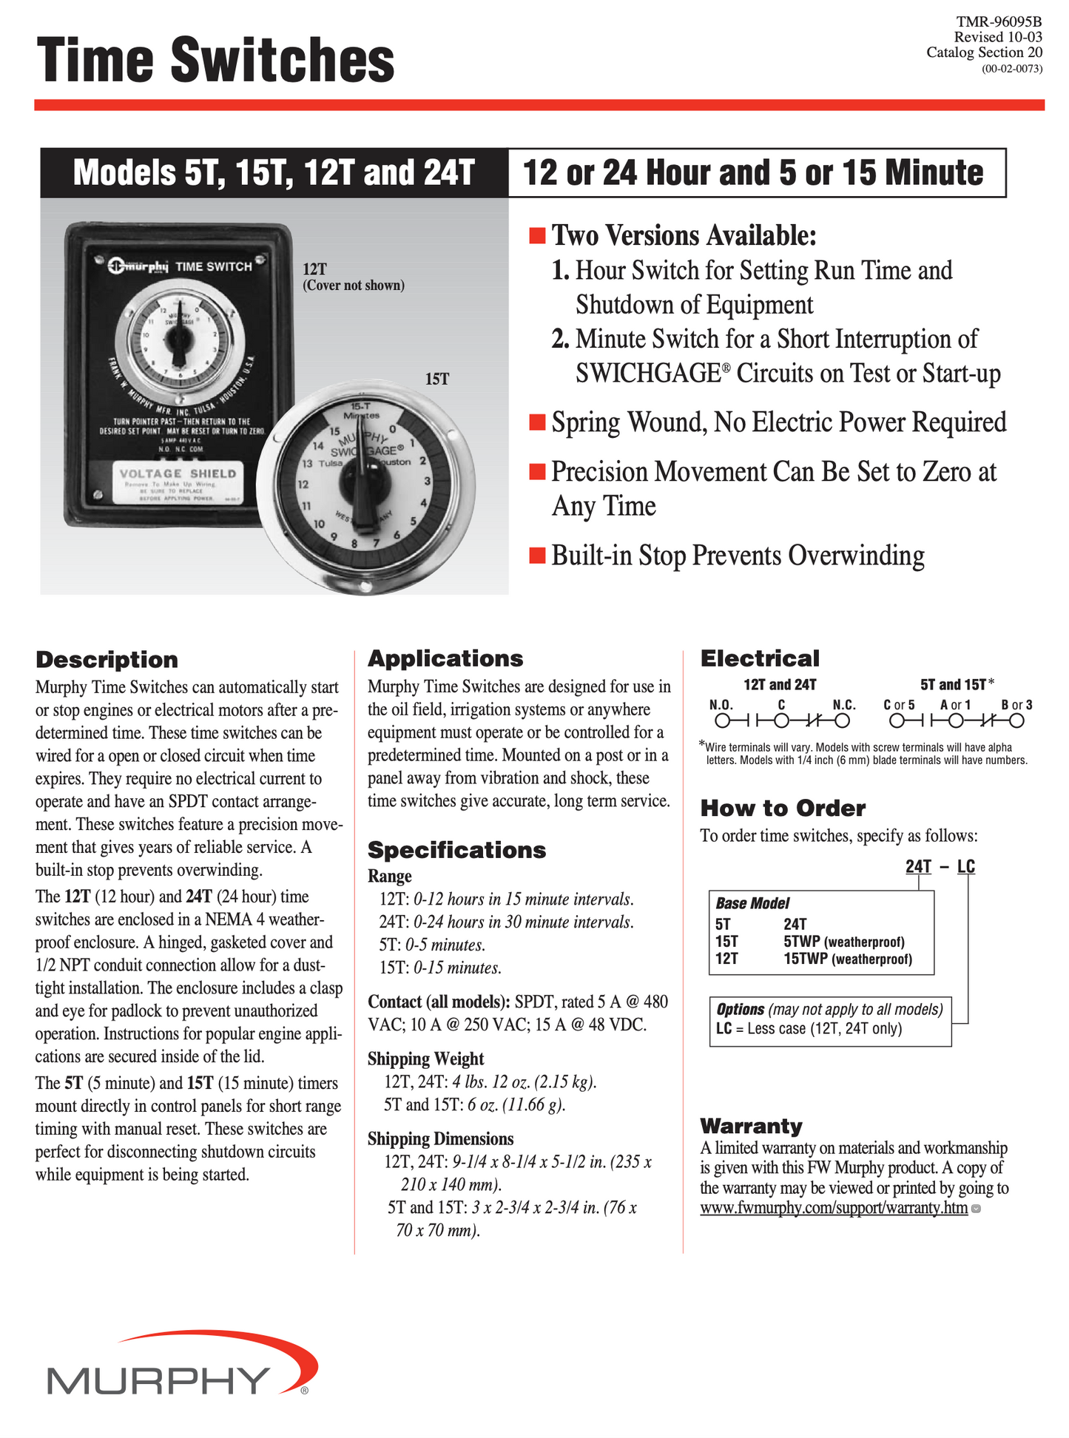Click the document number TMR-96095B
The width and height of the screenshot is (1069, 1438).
(x=998, y=22)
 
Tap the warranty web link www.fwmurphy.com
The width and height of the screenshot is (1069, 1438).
(x=834, y=1208)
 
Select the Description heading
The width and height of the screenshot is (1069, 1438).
(x=107, y=660)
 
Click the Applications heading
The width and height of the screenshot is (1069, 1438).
(x=445, y=658)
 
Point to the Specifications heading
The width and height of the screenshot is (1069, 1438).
(x=456, y=850)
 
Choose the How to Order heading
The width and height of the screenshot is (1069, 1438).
(x=783, y=808)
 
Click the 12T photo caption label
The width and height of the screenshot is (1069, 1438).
(x=314, y=269)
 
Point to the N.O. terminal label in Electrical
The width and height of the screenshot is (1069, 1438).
(x=721, y=705)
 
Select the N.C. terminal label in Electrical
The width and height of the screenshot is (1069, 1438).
(x=843, y=705)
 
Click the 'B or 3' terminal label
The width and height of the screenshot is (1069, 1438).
(x=1016, y=705)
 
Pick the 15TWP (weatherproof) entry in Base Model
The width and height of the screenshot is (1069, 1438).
(x=847, y=959)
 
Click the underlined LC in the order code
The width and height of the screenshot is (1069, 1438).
(x=965, y=866)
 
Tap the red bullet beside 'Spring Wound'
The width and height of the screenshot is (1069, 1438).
(x=537, y=422)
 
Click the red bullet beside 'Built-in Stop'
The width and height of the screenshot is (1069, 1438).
(x=537, y=556)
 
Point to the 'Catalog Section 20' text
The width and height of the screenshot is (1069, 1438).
(x=984, y=53)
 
